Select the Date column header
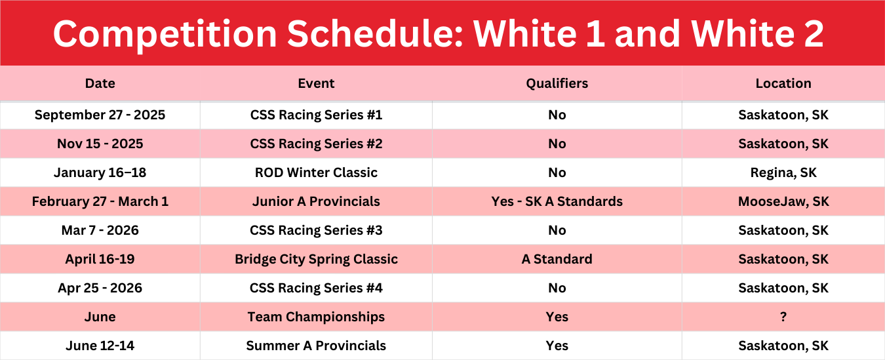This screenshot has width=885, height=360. click(x=100, y=83)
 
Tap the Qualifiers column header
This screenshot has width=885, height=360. click(x=557, y=83)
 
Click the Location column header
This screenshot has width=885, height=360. click(x=783, y=83)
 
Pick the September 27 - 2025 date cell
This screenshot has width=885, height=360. click(x=100, y=115)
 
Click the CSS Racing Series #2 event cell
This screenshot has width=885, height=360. click(x=316, y=144)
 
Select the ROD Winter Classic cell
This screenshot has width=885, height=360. click(x=316, y=172)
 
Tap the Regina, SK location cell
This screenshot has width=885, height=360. click(x=783, y=172)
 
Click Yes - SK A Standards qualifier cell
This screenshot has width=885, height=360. click(x=557, y=201)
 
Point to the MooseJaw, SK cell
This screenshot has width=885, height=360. click(x=783, y=201)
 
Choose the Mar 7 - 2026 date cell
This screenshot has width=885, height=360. click(x=100, y=230)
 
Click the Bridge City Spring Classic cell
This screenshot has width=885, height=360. click(x=316, y=259)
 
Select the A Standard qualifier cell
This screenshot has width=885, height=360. click(x=557, y=259)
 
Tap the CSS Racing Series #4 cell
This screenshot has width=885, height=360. click(x=316, y=288)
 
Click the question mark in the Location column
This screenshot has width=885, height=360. click(x=783, y=317)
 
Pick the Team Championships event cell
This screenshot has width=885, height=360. click(x=316, y=317)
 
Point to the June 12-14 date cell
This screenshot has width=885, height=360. click(x=100, y=346)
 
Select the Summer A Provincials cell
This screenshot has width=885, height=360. click(x=316, y=346)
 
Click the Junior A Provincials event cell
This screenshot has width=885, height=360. click(x=316, y=201)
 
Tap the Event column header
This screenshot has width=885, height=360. click(x=316, y=83)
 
